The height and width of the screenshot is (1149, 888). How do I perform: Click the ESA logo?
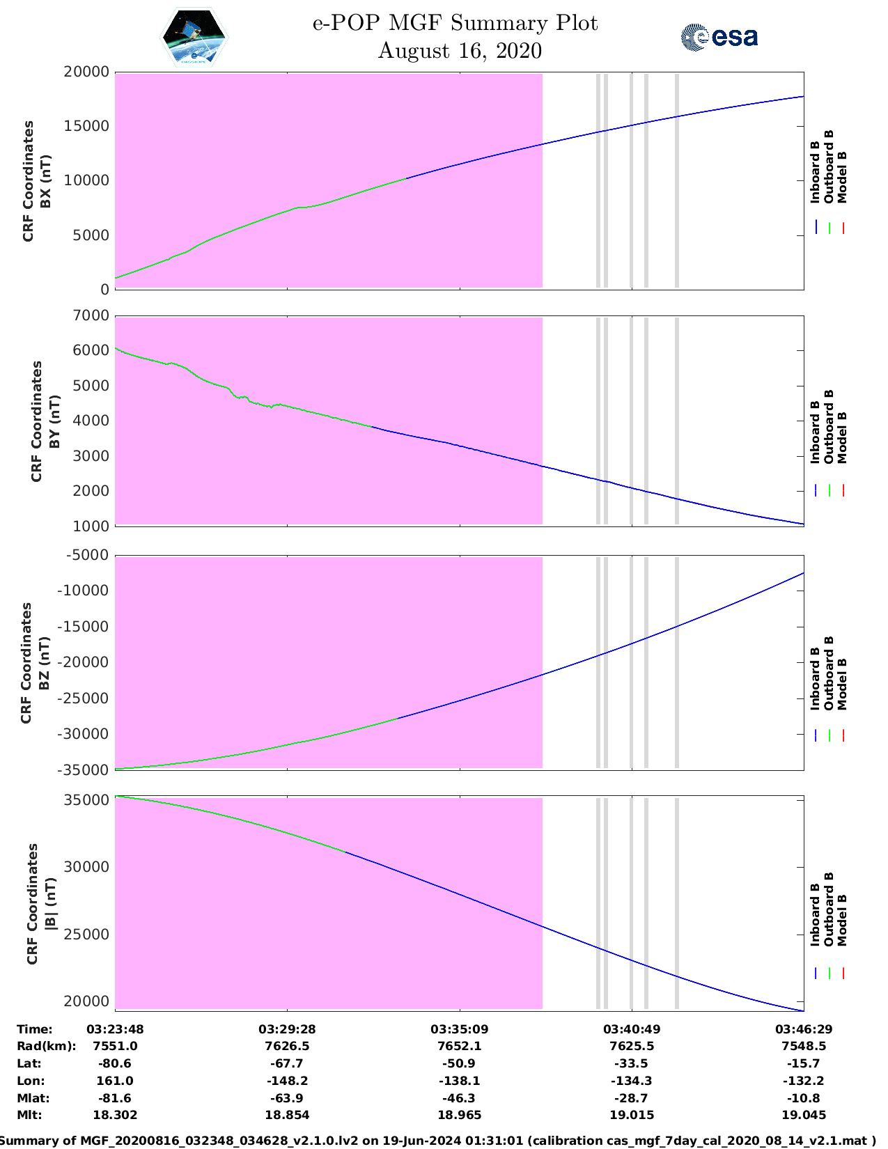click(719, 37)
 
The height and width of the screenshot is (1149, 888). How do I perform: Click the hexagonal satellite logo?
click(194, 37)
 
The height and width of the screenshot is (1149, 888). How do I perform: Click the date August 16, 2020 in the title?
click(460, 51)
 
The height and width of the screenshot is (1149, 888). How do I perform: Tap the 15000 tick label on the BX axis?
click(87, 126)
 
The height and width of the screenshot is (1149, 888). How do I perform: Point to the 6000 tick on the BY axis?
click(91, 350)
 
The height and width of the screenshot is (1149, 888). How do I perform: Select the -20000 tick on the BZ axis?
click(83, 662)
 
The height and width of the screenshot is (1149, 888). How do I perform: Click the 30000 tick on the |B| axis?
click(87, 867)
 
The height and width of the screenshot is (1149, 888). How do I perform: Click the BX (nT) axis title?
click(46, 181)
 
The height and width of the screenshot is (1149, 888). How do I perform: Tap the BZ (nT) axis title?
click(44, 663)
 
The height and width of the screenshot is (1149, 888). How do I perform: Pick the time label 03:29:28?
click(287, 1029)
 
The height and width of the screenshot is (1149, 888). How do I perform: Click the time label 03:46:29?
click(804, 1029)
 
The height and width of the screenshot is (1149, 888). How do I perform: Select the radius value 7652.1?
click(460, 1047)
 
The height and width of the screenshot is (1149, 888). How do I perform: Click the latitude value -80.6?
click(115, 1063)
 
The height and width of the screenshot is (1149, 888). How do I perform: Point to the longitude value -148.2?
click(287, 1081)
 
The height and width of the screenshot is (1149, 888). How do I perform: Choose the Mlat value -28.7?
click(632, 1098)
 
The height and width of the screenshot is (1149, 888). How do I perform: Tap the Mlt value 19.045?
click(804, 1115)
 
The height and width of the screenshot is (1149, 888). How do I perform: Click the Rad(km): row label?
click(47, 1047)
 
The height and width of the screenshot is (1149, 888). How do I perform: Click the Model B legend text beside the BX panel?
click(843, 178)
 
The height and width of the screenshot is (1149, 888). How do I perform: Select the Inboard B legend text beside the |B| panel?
click(815, 915)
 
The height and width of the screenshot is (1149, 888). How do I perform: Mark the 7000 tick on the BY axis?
click(91, 315)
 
